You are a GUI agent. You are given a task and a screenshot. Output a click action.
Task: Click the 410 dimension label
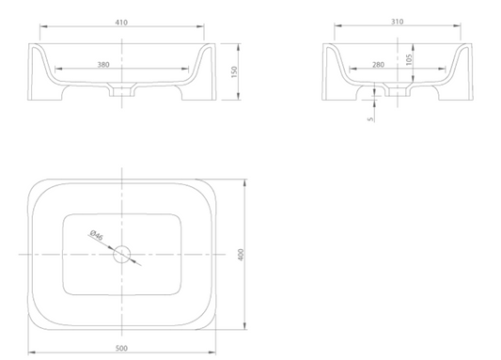coord(121,23)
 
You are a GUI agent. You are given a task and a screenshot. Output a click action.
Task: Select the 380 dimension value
coord(103,65)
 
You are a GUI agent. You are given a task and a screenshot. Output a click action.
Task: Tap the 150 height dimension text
coord(234,71)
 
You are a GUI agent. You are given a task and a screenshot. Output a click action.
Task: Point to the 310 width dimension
coord(398,22)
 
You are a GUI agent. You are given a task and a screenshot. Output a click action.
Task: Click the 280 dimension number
coord(378,65)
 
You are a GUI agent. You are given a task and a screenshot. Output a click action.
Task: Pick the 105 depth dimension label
coord(409,59)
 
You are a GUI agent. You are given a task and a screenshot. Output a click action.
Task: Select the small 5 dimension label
coord(370,118)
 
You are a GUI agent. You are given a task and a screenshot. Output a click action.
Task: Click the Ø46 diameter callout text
coord(97,235)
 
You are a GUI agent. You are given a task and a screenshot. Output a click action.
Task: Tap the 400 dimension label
coord(241,255)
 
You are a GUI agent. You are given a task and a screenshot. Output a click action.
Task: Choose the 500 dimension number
coord(121,348)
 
